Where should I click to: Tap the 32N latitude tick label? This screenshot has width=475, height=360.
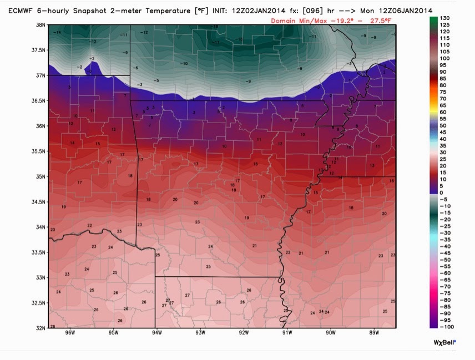click(x=40, y=328)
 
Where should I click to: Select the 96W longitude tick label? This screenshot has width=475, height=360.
click(x=69, y=333)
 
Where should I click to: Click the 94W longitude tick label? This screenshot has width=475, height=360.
click(x=156, y=333)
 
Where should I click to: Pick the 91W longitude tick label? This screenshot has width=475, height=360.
click(x=287, y=333)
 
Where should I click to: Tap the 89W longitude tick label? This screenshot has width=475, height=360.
click(x=373, y=333)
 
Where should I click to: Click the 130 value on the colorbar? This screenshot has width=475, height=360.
click(x=445, y=19)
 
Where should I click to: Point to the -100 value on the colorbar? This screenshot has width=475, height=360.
click(x=447, y=327)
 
